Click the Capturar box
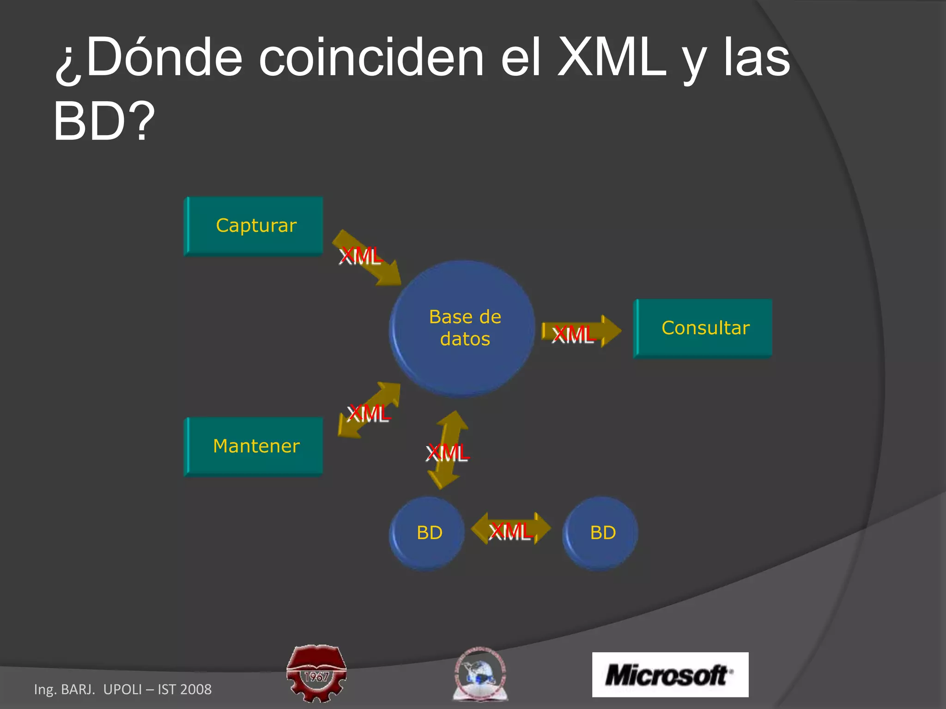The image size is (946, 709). [255, 226]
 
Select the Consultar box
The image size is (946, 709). [703, 329]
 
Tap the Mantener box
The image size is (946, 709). [255, 446]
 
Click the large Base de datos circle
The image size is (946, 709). [463, 329]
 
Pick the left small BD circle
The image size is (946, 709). [427, 533]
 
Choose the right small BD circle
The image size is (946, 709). [600, 533]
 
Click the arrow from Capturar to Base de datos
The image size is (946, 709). [367, 258]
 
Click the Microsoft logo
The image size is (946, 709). [670, 675]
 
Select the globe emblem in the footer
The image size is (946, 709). [480, 674]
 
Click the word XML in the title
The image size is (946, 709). [612, 58]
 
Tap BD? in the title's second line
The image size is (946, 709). [104, 121]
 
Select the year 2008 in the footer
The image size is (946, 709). [196, 689]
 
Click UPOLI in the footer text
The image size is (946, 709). [123, 689]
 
